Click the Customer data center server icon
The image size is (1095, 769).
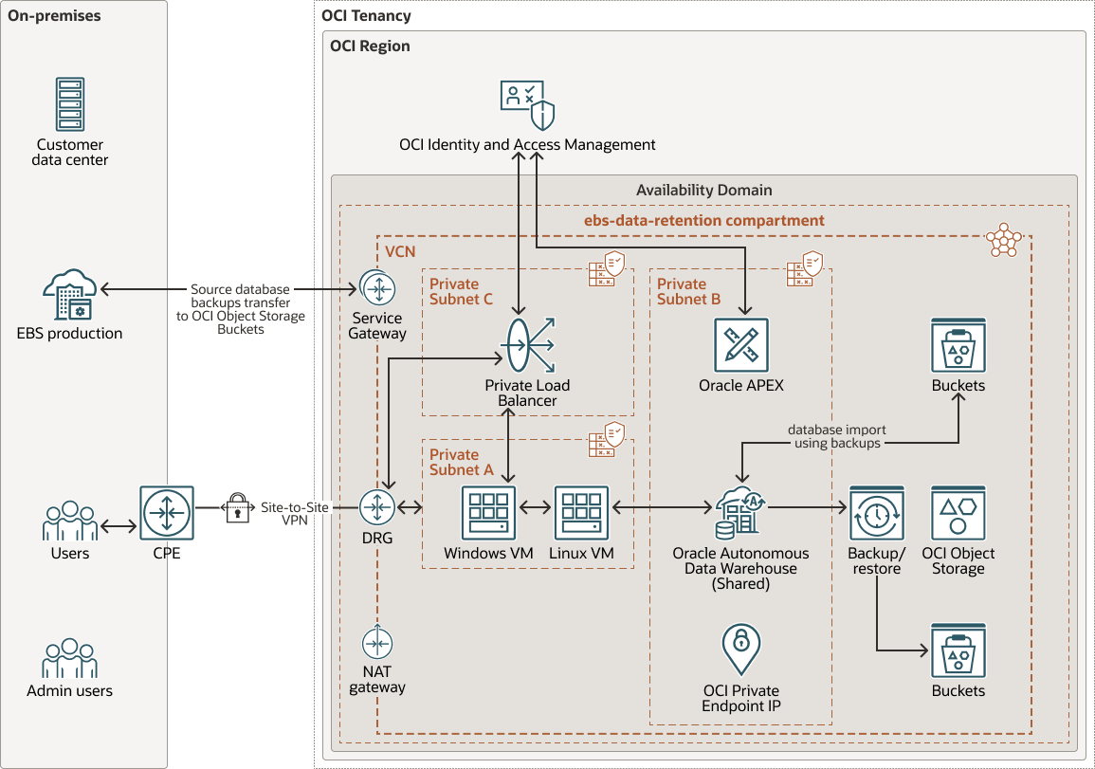click(x=71, y=105)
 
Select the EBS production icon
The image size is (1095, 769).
click(x=70, y=294)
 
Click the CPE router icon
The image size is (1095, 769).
click(x=166, y=513)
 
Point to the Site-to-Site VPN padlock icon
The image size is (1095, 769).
click(x=236, y=508)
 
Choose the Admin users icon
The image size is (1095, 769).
click(x=70, y=658)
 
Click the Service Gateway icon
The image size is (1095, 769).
click(x=377, y=287)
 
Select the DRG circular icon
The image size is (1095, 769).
click(x=377, y=509)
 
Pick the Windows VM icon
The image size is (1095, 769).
click(x=488, y=513)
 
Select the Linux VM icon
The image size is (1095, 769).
click(x=581, y=513)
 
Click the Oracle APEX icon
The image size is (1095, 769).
click(x=741, y=345)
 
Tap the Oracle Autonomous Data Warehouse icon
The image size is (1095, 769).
click(x=741, y=513)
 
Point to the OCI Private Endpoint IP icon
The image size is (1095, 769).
click(x=741, y=650)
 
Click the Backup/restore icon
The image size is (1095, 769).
click(x=877, y=513)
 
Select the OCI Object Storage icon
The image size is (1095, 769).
click(x=958, y=513)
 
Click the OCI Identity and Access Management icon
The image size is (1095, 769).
click(x=527, y=105)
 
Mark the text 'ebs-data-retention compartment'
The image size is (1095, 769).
click(x=703, y=220)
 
